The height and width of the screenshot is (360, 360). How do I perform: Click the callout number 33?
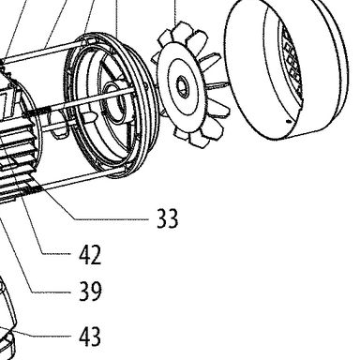[167, 218]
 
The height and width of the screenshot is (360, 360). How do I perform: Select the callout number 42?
[90, 255]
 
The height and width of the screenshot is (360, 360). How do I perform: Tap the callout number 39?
[90, 292]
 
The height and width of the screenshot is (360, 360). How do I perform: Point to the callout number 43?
[90, 337]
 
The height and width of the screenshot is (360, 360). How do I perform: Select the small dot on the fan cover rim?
[289, 122]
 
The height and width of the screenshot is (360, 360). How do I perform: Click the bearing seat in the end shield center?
[114, 101]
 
